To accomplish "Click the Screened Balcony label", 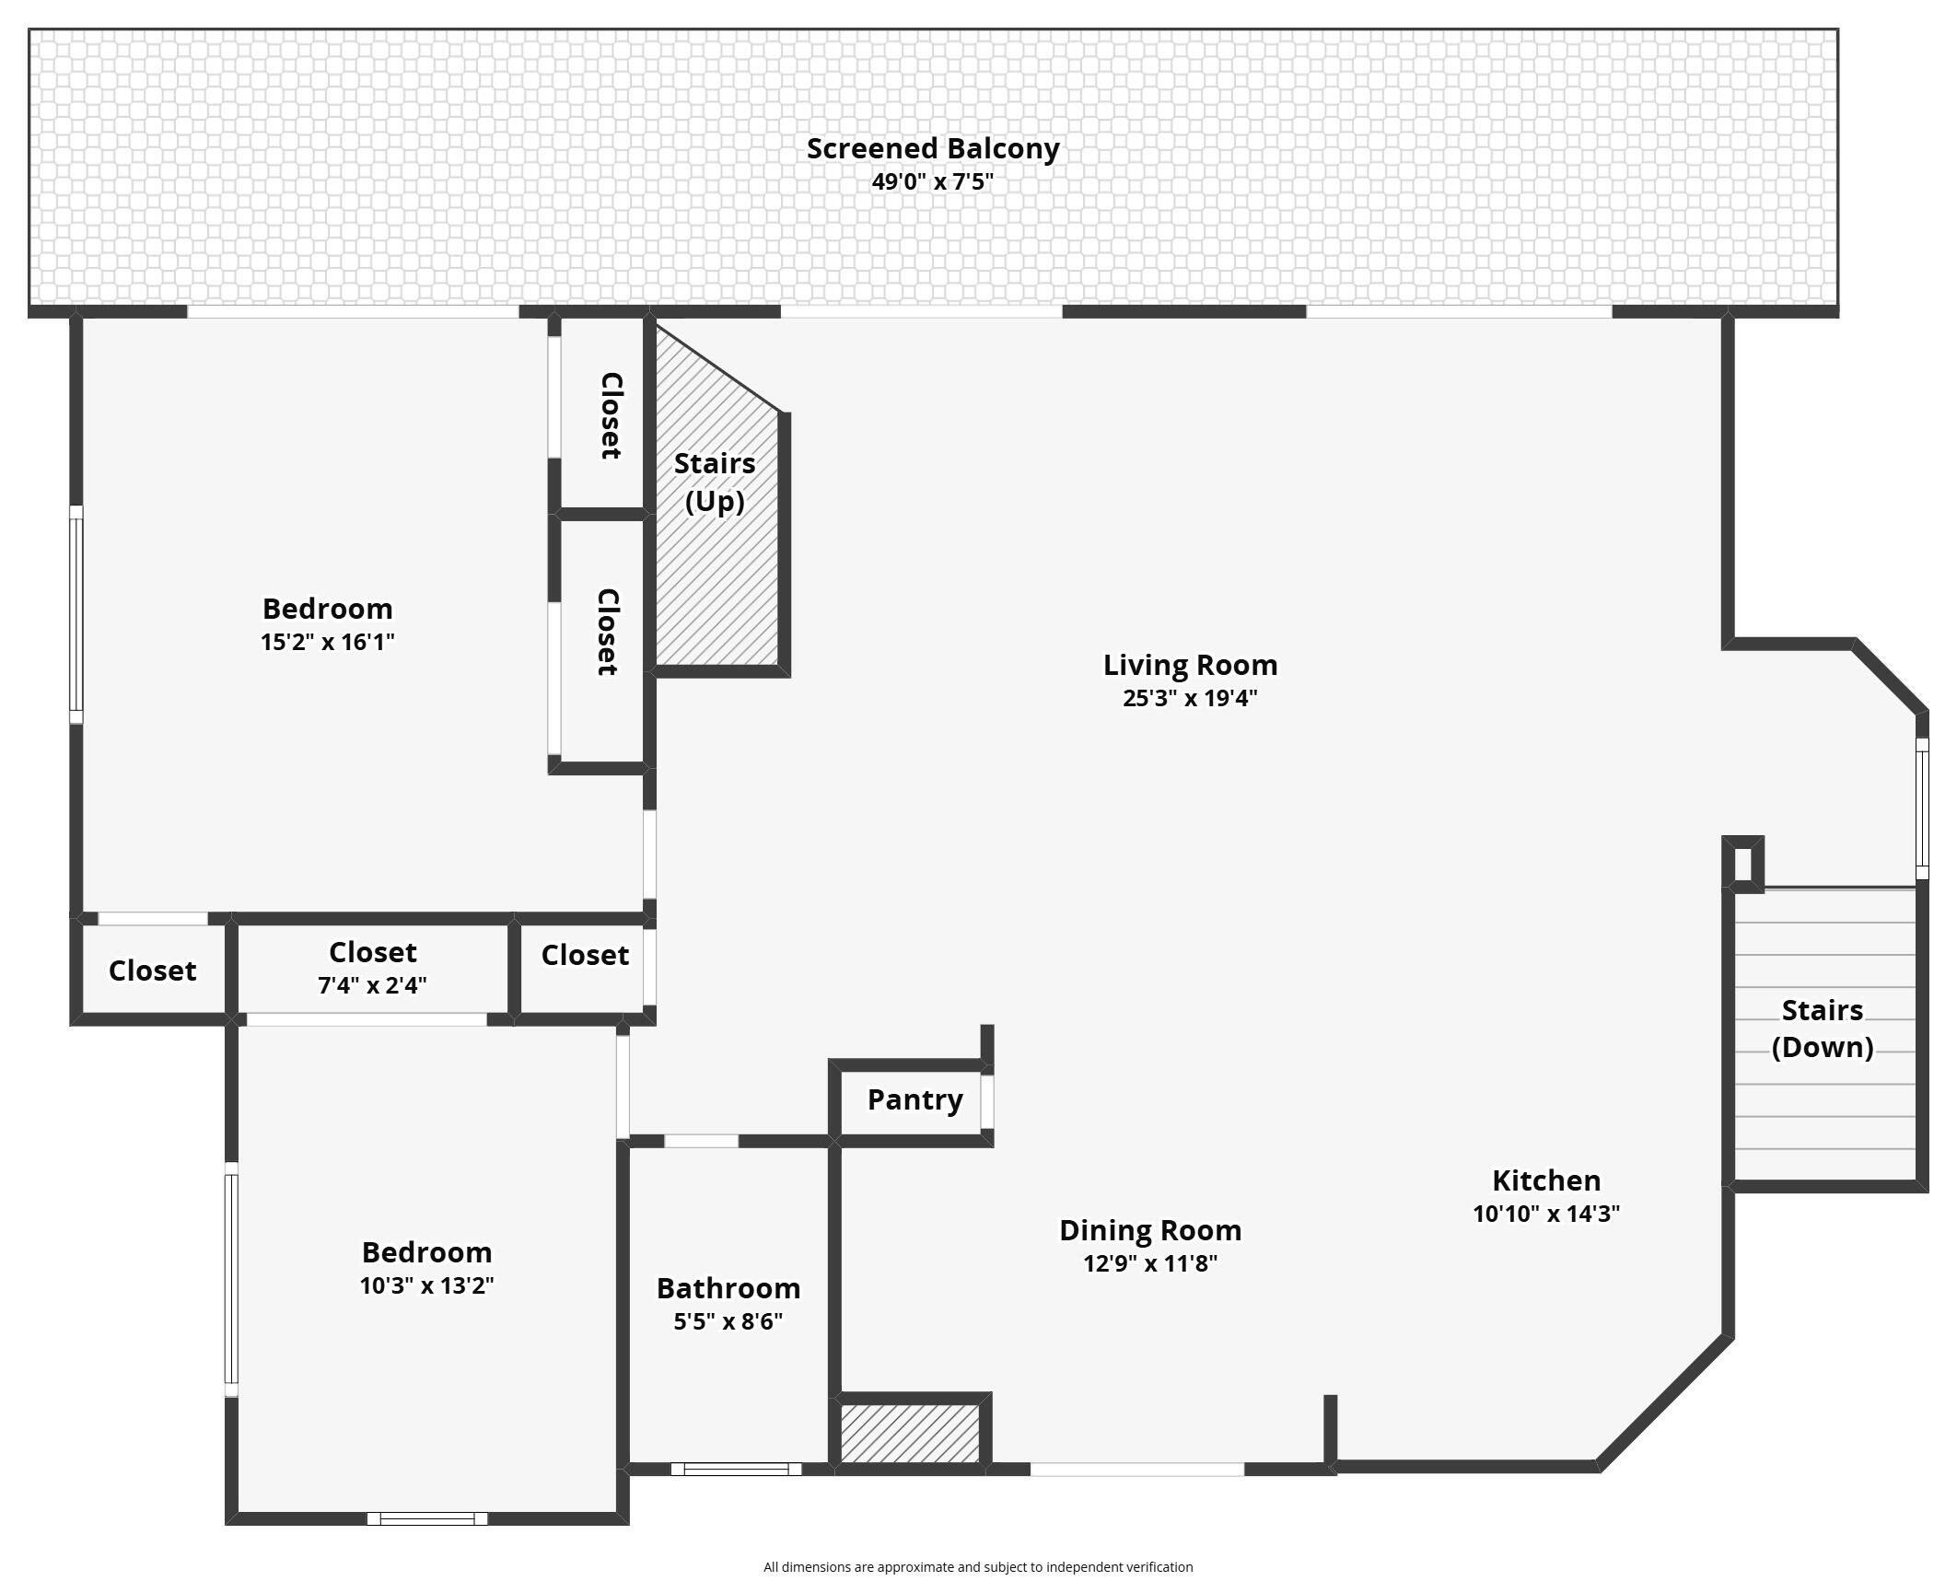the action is (x=933, y=148).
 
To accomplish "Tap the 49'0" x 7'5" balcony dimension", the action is (x=933, y=181).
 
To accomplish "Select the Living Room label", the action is (x=1190, y=665).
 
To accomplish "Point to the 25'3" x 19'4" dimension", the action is (x=1190, y=698).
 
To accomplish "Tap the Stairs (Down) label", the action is (x=1823, y=1029).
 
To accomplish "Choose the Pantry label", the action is (x=915, y=1099).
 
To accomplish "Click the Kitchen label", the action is (x=1546, y=1180).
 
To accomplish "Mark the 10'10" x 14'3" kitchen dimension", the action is (x=1546, y=1214).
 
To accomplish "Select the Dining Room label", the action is (x=1150, y=1230).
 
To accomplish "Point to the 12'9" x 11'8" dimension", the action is (x=1150, y=1263).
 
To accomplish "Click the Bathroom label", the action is (x=728, y=1288).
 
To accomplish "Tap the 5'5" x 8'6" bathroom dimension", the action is (x=728, y=1321).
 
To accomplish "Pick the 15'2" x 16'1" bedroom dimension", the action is (x=328, y=642).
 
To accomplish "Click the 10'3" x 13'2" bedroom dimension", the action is (x=426, y=1285).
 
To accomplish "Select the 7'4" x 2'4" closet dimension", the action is (x=372, y=985).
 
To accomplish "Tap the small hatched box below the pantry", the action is (x=910, y=1434).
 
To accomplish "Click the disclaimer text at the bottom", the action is (x=978, y=1566).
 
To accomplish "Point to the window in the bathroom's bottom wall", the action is (x=736, y=1469).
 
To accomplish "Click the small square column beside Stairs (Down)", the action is (x=1743, y=864).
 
